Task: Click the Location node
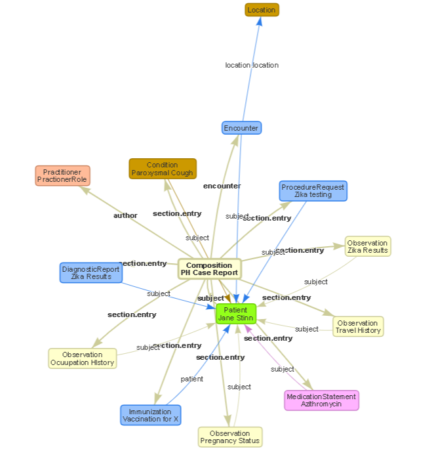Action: coord(262,10)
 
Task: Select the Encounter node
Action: coord(241,128)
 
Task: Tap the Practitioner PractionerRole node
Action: coord(62,176)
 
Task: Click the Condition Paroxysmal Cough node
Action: coord(163,169)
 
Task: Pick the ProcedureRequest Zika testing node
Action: coord(313,191)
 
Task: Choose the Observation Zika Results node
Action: coord(367,246)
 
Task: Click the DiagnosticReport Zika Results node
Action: coord(90,272)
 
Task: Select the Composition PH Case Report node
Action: coord(209,269)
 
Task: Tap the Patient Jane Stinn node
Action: coord(235,314)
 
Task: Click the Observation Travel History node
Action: coord(357,326)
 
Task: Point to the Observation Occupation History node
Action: coord(83,358)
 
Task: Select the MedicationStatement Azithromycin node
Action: coord(321,400)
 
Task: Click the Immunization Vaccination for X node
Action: coord(150,415)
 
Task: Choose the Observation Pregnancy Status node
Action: coord(229,437)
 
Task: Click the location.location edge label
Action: coord(252,65)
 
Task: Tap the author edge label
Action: coord(125,215)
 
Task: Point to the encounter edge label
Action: coord(222,186)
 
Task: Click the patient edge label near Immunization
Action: coord(191,379)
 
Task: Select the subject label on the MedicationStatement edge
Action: coord(283,369)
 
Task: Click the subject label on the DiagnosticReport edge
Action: coord(159,293)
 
